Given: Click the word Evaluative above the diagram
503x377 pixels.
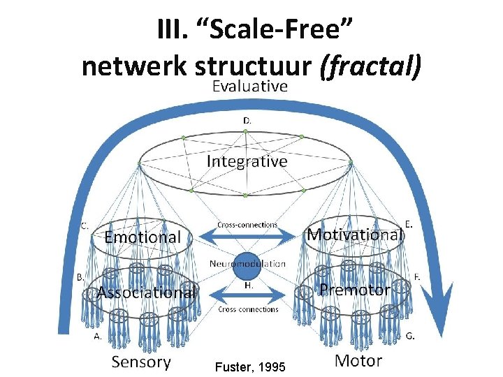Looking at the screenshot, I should point(249,87).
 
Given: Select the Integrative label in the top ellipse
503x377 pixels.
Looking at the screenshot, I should point(247,161).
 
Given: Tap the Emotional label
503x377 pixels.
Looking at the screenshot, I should point(142,237).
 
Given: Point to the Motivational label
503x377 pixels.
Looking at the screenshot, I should point(355,235).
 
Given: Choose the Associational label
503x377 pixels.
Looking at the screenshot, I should point(146,293).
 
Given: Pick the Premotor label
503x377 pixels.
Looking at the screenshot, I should point(354,290).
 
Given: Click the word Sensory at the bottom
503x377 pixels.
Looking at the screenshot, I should point(141,361).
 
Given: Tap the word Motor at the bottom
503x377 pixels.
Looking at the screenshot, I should point(358,360).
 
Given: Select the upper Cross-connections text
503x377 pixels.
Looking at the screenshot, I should point(247,225).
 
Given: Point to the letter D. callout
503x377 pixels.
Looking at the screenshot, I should point(247,121).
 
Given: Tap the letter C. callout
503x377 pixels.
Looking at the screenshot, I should point(84,226).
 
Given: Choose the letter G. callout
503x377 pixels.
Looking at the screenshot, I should point(411,335).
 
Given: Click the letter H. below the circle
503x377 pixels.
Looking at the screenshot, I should point(248,286).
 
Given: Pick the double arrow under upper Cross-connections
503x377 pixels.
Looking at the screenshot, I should point(247,237).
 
